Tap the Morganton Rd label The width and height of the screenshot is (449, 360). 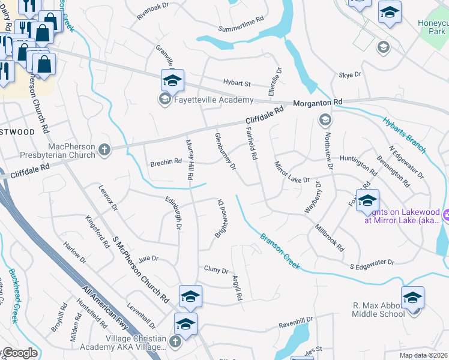point(318,103)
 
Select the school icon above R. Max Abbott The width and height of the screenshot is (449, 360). point(412,297)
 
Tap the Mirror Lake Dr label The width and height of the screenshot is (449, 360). point(292,172)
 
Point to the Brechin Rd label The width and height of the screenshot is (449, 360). point(166,162)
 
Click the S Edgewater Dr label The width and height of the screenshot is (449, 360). point(372,262)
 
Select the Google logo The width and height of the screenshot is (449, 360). point(19,353)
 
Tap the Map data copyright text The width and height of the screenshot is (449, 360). point(424,355)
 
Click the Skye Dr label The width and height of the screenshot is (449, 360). point(350,75)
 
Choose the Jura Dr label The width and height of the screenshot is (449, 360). point(148,259)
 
